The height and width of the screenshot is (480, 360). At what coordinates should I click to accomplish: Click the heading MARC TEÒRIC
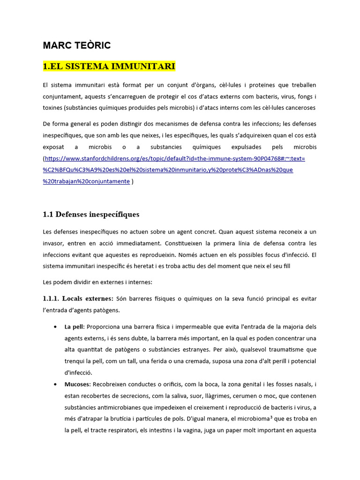[x=76, y=45]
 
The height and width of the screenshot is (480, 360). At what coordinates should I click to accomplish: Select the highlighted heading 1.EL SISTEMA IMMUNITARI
[x=109, y=67]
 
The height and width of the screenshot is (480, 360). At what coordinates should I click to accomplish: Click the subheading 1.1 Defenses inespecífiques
[x=91, y=215]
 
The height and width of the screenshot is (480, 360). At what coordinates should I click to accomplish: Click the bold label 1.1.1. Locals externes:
[x=78, y=299]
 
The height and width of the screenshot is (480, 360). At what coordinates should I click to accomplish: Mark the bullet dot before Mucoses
[x=56, y=384]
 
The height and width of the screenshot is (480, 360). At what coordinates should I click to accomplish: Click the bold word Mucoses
[x=78, y=384]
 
